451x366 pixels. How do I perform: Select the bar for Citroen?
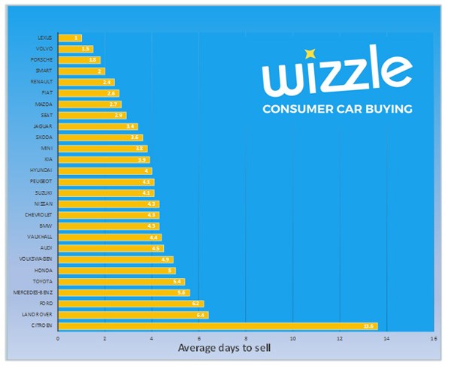click(217, 325)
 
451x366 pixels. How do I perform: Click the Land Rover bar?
click(132, 315)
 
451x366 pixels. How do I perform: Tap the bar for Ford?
click(130, 304)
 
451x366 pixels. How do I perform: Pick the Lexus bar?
click(69, 38)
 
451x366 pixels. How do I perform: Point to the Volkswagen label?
click(35, 259)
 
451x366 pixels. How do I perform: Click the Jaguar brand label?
click(44, 126)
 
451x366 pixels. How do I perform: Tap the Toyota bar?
click(120, 281)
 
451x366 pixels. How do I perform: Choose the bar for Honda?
click(116, 270)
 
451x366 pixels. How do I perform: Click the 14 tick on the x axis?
click(386, 338)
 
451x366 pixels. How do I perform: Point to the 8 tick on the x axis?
click(246, 338)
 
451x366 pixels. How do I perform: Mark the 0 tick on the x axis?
click(58, 338)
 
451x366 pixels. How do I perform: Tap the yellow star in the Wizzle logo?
click(309, 54)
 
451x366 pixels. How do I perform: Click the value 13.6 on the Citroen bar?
click(368, 326)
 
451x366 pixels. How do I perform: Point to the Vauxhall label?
click(40, 237)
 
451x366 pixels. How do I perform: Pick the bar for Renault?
click(86, 82)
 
